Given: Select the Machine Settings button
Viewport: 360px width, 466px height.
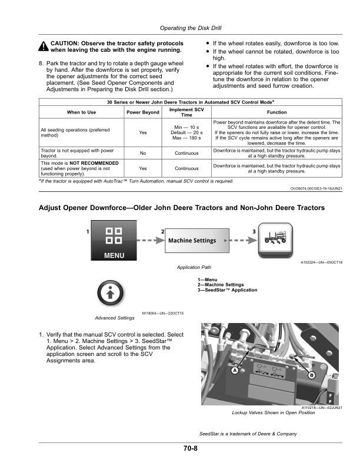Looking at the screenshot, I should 192,240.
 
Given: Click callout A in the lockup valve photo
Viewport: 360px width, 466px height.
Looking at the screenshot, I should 235,371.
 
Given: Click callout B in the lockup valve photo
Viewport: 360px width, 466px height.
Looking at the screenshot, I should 312,375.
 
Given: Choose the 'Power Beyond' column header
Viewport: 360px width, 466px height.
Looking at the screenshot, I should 143,112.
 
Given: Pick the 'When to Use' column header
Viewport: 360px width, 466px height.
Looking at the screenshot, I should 82,112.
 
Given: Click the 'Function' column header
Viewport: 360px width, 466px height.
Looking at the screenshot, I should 276,112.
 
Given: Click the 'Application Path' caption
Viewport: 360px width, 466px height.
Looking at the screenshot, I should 194,267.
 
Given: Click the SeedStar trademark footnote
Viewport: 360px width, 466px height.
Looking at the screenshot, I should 248,434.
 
